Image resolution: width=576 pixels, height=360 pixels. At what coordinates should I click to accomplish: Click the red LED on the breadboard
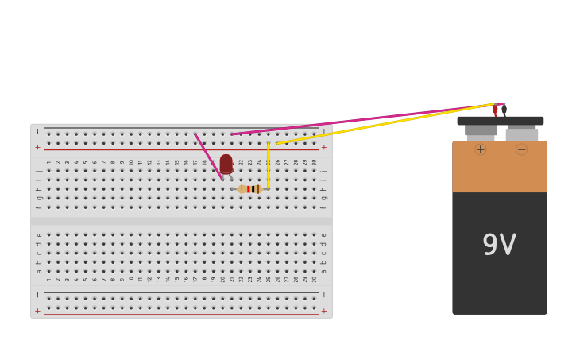click(226, 164)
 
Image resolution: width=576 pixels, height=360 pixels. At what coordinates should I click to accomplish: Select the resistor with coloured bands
click(249, 189)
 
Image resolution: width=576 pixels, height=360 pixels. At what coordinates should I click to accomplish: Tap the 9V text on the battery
click(499, 245)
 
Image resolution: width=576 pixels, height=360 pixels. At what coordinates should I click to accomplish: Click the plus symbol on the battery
click(480, 149)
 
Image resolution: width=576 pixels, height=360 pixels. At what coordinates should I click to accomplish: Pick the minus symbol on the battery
click(521, 149)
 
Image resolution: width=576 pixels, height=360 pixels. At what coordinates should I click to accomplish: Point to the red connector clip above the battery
click(495, 110)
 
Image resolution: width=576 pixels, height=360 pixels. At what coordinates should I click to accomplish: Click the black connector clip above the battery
click(504, 110)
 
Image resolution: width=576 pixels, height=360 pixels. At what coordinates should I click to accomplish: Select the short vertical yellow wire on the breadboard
click(269, 165)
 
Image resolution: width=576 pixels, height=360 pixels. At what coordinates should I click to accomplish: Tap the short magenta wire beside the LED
click(208, 157)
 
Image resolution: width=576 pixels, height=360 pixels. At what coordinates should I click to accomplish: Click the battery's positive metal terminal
click(481, 131)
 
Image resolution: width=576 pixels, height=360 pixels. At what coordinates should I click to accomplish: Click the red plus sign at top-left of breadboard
click(37, 147)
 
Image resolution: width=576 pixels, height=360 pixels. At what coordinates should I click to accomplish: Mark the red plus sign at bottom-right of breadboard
click(323, 311)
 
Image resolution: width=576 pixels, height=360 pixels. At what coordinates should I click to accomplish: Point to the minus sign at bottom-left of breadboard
click(37, 295)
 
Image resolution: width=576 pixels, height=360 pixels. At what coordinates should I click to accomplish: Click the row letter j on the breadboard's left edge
click(38, 170)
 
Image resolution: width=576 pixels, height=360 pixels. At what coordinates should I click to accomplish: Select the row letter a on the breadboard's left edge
click(38, 271)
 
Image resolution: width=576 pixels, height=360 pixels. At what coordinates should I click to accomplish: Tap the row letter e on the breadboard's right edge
click(323, 234)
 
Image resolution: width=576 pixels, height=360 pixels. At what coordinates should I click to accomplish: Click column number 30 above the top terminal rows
click(314, 162)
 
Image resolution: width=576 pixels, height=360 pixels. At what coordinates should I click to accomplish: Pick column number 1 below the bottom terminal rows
click(48, 279)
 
